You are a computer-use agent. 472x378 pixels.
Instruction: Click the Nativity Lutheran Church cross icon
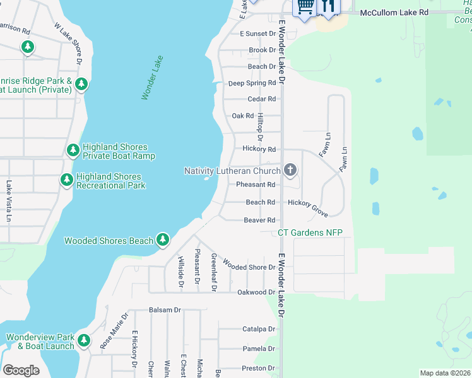coord(290,169)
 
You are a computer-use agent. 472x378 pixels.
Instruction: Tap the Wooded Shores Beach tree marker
coord(163,239)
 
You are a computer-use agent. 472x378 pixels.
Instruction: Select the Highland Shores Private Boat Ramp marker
coord(73,150)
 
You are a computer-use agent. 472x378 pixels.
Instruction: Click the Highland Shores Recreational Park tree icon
coord(67,180)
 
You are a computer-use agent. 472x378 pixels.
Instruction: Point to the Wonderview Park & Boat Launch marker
coord(83,343)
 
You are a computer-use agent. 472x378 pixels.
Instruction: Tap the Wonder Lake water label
coord(153,77)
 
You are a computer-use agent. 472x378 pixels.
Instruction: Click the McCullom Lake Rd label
coord(394,12)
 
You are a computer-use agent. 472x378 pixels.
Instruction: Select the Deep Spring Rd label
coord(252,83)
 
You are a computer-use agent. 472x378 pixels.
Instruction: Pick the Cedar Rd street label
coord(261,99)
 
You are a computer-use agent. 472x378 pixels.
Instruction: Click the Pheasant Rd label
coord(256,185)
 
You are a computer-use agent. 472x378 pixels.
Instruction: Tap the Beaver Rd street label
coord(260,220)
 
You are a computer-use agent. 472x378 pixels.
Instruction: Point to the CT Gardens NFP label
coord(310,233)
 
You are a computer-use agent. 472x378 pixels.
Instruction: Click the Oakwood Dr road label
coord(256,292)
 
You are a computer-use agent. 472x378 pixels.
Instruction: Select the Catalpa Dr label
coord(259,329)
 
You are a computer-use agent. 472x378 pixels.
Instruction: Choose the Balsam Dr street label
coord(165,310)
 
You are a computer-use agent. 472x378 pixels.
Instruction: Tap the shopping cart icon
coord(305,6)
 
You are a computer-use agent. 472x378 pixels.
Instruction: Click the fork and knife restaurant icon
coord(327,6)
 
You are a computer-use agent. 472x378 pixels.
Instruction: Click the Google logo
coord(21,370)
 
